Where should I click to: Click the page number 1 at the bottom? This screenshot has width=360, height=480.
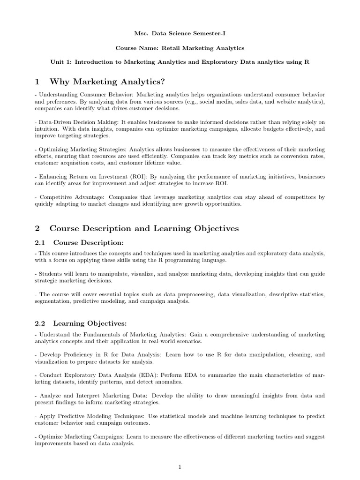click(180, 467)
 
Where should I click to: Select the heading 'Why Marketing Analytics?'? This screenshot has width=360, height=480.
click(107, 82)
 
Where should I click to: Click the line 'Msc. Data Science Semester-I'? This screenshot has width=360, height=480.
click(180, 34)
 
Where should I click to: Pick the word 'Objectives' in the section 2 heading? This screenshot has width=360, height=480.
click(216, 229)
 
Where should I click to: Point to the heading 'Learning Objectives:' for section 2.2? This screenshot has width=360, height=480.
click(90, 323)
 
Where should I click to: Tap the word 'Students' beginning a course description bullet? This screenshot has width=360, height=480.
click(52, 274)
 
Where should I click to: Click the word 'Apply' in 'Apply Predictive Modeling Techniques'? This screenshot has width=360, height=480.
click(48, 416)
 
